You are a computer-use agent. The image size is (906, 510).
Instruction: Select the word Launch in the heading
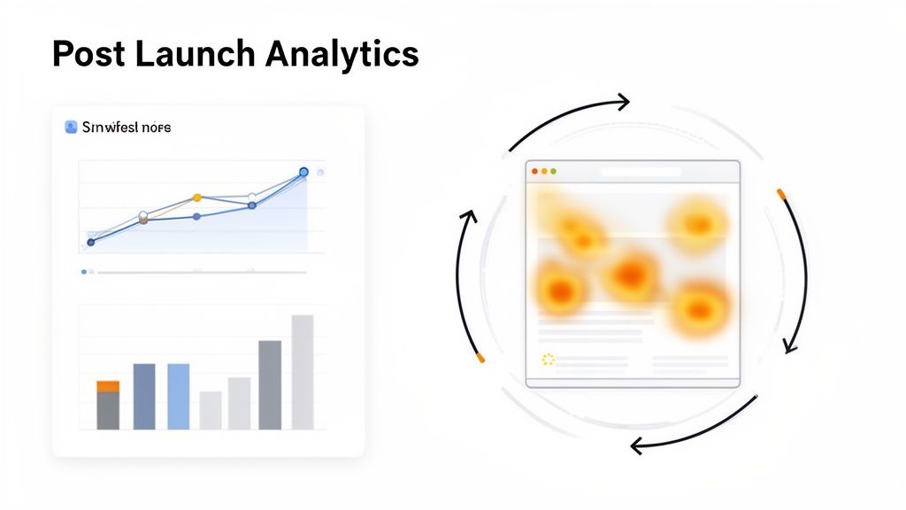tap(186, 55)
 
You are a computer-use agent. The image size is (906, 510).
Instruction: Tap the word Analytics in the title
tap(340, 55)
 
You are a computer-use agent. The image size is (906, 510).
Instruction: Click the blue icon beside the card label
tap(72, 127)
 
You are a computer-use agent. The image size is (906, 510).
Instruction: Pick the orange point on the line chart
tap(197, 197)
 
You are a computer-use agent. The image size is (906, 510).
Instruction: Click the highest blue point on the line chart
tap(303, 172)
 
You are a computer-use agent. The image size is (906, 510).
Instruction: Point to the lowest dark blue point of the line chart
tap(90, 242)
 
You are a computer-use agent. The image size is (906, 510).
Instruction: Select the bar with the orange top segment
tap(108, 405)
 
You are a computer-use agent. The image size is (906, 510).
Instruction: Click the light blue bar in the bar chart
tap(179, 397)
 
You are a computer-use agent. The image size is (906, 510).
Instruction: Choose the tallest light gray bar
tap(303, 372)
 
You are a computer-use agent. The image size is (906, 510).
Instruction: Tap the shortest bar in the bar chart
tap(211, 410)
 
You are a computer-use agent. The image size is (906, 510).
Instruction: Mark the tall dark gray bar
tap(270, 385)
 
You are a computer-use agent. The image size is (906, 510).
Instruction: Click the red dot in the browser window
tap(534, 171)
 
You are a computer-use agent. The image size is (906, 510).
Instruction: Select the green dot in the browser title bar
tap(554, 171)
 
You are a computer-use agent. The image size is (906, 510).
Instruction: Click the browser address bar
tap(640, 171)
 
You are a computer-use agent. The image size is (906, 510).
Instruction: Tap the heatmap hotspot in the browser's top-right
tap(697, 223)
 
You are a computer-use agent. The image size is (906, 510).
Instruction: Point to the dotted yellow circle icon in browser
tap(548, 359)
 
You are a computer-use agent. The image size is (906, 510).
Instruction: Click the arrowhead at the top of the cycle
tap(625, 102)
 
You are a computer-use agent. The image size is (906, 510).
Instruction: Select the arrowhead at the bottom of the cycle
tap(635, 445)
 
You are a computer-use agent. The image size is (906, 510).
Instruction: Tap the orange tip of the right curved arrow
tap(781, 194)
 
